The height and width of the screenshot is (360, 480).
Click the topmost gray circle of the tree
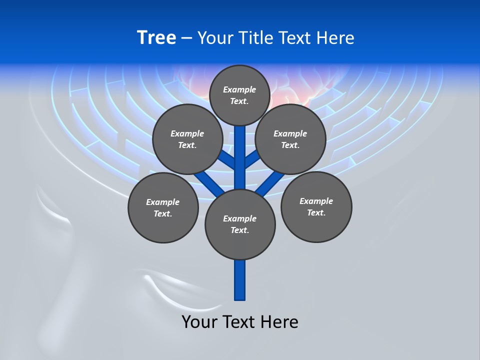[x=239, y=95]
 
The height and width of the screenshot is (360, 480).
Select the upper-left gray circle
[x=187, y=139]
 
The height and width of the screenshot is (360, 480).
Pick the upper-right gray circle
[x=290, y=139]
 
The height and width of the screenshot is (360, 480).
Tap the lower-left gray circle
[x=163, y=207]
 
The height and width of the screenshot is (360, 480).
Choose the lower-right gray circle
[x=316, y=206]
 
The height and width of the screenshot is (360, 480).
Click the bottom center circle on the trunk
[x=240, y=224]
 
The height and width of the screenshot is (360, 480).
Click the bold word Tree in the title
[x=156, y=37]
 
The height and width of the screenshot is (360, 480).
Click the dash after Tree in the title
[x=186, y=38]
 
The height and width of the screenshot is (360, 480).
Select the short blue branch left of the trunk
[x=228, y=160]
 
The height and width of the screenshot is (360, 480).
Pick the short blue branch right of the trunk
[x=252, y=160]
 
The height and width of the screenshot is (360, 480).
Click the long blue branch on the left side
[x=208, y=183]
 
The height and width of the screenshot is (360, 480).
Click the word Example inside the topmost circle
[x=239, y=89]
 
